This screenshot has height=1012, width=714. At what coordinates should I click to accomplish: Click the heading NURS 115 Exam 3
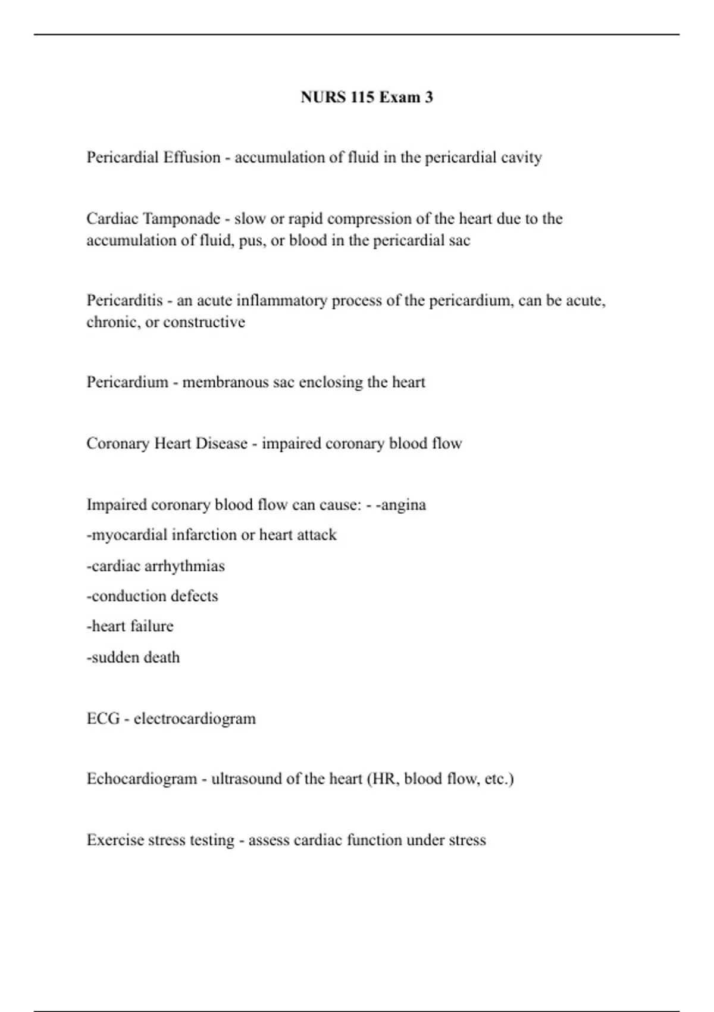(x=367, y=97)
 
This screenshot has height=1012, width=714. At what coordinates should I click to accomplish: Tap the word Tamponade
(x=182, y=219)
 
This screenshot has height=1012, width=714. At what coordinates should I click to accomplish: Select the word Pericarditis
(x=124, y=301)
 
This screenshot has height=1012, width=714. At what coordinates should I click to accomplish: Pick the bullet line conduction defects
(x=152, y=596)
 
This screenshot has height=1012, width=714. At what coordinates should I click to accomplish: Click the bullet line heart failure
(x=130, y=626)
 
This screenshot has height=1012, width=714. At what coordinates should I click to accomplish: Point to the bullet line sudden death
(x=133, y=657)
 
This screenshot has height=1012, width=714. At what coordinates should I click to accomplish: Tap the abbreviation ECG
(x=103, y=719)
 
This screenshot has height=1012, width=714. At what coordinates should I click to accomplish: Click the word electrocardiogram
(x=195, y=719)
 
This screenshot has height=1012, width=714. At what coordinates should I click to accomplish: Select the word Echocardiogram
(x=142, y=779)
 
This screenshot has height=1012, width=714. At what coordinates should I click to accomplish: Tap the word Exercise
(x=114, y=840)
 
